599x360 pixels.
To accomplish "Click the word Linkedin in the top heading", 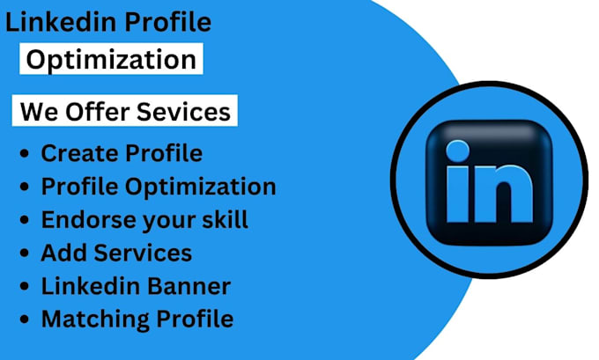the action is point(61,21).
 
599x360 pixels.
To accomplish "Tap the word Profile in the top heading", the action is point(167,21).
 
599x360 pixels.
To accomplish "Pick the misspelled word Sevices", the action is point(184,112).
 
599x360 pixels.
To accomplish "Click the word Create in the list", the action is point(79,153).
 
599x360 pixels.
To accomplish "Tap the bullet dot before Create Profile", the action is point(25,154).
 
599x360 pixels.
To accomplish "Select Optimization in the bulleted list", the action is point(201,187).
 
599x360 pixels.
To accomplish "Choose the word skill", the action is point(225,219).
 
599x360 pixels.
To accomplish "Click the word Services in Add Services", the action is point(143,253).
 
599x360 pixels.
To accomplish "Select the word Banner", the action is point(189,286).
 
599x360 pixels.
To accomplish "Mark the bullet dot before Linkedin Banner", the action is point(25,286).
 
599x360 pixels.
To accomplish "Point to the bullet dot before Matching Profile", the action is point(25,320).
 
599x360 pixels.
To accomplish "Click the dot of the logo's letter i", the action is point(458,151).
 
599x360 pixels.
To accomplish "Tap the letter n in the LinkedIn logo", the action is point(504,193).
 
